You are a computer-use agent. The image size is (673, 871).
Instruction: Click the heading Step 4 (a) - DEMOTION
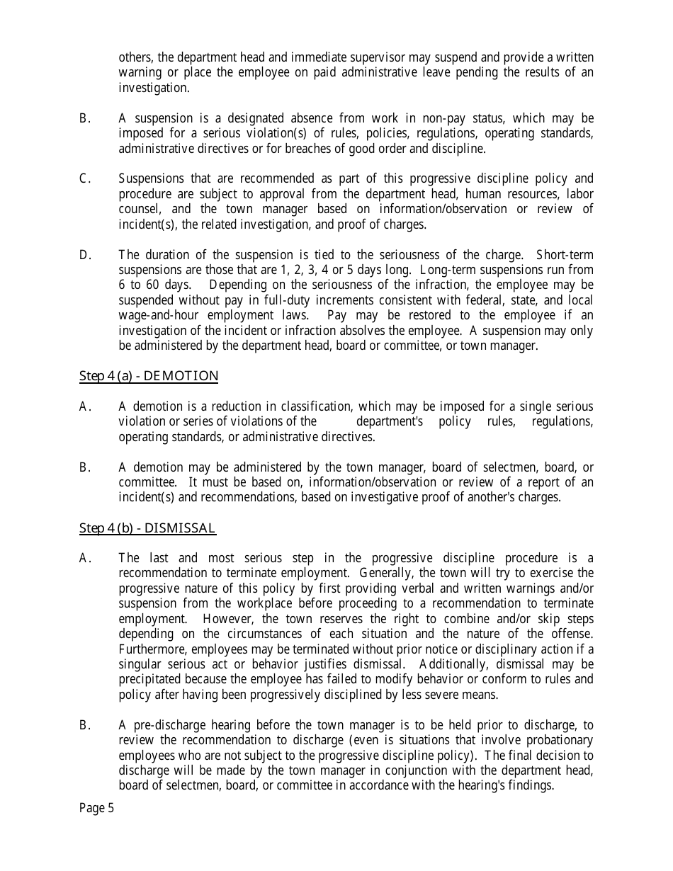pyautogui.click(x=149, y=376)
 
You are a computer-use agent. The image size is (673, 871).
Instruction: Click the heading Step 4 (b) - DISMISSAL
pyautogui.click(x=147, y=528)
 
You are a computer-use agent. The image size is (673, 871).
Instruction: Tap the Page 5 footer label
pyautogui.click(x=96, y=809)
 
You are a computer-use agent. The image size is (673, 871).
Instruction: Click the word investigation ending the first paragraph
pyautogui.click(x=154, y=88)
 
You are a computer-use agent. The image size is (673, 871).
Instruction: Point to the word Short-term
pyautogui.click(x=565, y=255)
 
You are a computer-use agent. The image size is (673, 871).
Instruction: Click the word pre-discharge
pyautogui.click(x=166, y=725)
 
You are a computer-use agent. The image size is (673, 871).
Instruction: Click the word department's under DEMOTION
pyautogui.click(x=389, y=422)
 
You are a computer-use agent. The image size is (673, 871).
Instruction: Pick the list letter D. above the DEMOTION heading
pyautogui.click(x=85, y=255)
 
